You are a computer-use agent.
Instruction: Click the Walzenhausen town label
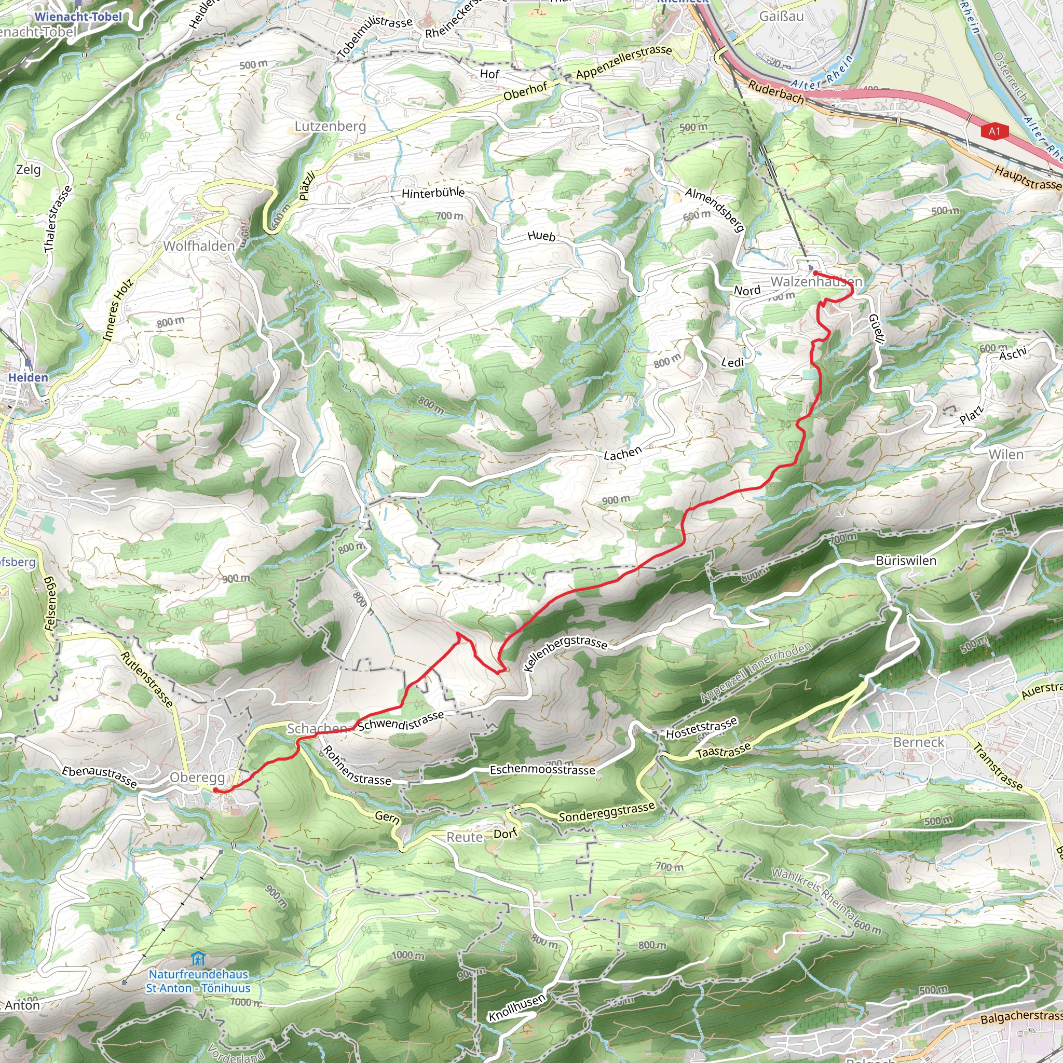point(816,282)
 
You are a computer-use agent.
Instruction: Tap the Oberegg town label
point(197,778)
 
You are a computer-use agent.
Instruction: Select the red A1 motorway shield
point(994,131)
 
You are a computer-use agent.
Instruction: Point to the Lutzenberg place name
point(330,126)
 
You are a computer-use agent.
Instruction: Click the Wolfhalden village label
point(199,246)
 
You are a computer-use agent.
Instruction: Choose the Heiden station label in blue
point(28,377)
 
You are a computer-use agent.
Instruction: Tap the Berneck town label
point(918,742)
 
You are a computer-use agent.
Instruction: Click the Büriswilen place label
point(906,561)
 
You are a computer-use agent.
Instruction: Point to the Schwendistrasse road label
point(401,721)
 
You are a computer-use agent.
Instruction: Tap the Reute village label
point(465,837)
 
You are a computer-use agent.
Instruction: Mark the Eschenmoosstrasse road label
point(542,770)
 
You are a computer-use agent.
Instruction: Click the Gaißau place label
point(781,16)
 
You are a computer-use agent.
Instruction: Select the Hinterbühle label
point(433,193)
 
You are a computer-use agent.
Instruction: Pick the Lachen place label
point(623,453)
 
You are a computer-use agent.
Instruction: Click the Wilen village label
point(1006,455)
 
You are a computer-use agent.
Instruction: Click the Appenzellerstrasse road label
point(624,62)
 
